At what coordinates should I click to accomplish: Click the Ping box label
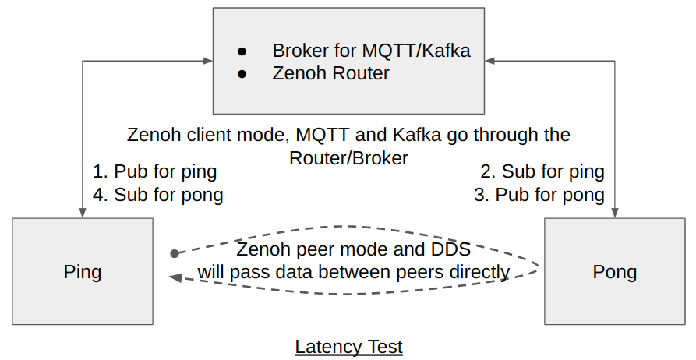click(x=83, y=272)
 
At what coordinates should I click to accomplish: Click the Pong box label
click(x=614, y=272)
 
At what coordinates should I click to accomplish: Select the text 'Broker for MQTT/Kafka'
click(x=371, y=51)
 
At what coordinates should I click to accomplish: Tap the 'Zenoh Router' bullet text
click(x=330, y=74)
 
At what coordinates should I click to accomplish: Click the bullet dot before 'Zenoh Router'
click(x=242, y=74)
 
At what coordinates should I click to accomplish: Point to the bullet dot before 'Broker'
click(x=242, y=51)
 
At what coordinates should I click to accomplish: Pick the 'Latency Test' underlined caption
click(x=348, y=347)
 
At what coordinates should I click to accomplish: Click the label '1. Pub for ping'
click(x=154, y=171)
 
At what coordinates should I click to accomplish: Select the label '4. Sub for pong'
click(x=157, y=195)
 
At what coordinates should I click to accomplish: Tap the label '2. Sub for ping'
click(x=542, y=171)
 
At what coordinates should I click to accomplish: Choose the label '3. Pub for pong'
click(x=539, y=195)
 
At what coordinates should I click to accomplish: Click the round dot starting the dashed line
click(x=175, y=253)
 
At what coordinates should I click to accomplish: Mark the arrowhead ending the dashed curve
click(x=176, y=277)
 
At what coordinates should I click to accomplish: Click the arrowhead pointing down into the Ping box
click(x=83, y=212)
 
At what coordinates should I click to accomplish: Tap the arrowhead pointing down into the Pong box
click(x=614, y=212)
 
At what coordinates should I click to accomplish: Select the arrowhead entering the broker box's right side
click(x=490, y=60)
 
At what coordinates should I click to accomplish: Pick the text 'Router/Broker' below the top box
click(x=348, y=157)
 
